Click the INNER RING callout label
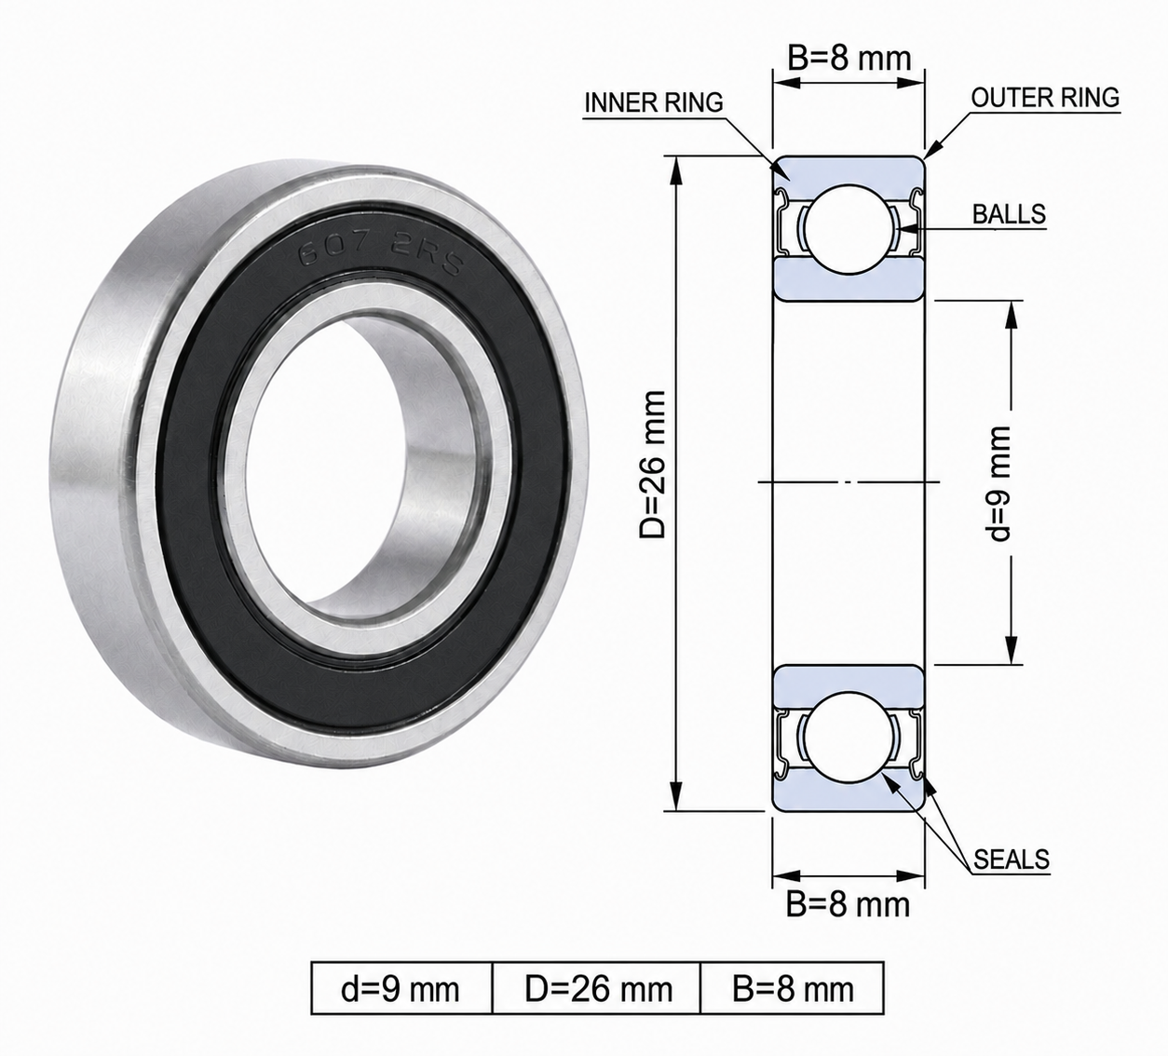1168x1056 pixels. pyautogui.click(x=653, y=103)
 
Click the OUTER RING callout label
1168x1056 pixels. pyautogui.click(x=1045, y=98)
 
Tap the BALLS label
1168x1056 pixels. pyautogui.click(x=1009, y=214)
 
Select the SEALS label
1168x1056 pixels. pyautogui.click(x=1012, y=860)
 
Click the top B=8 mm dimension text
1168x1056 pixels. pyautogui.click(x=849, y=59)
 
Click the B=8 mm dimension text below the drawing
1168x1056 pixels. pyautogui.click(x=848, y=904)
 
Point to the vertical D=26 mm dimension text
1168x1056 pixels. pyautogui.click(x=653, y=465)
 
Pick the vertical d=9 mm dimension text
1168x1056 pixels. pyautogui.click(x=1000, y=483)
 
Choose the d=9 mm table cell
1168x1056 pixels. pyautogui.click(x=401, y=989)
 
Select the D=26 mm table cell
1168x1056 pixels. pyautogui.click(x=597, y=989)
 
